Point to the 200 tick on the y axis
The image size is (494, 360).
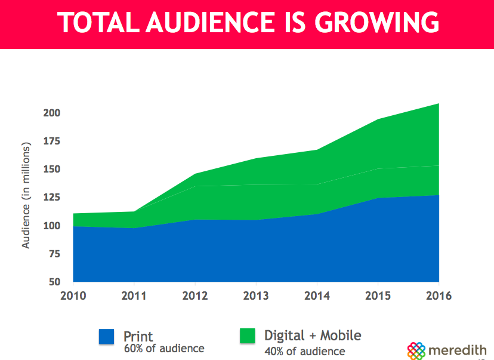[53, 113]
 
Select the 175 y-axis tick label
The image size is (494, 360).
[53, 141]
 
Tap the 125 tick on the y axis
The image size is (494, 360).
[53, 198]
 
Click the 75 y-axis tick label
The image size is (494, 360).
[55, 254]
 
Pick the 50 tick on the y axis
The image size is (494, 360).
[55, 282]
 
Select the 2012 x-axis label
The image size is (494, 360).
[194, 296]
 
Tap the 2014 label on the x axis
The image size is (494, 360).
[317, 296]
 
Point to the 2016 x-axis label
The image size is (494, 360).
[439, 296]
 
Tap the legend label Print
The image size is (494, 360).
[138, 336]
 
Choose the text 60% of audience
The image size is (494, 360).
[164, 348]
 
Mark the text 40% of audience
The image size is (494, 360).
[305, 351]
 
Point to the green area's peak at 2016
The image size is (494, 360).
[439, 104]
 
